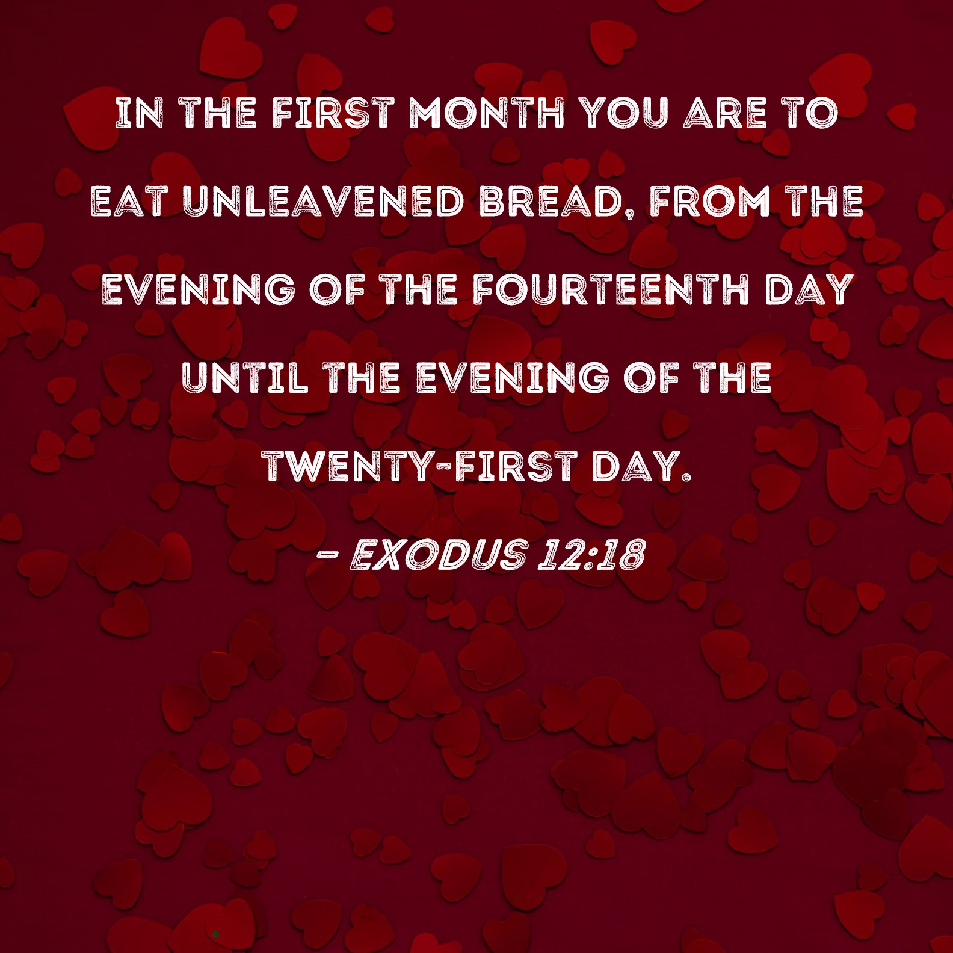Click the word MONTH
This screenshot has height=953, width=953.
pyautogui.click(x=487, y=113)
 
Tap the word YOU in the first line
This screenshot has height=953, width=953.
pyautogui.click(x=626, y=113)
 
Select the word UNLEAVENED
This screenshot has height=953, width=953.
pyautogui.click(x=323, y=201)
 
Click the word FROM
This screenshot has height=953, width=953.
pyautogui.click(x=709, y=201)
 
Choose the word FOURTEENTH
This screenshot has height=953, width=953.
pyautogui.click(x=611, y=289)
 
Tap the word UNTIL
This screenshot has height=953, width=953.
pyautogui.click(x=245, y=378)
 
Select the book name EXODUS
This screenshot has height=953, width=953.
pyautogui.click(x=438, y=554)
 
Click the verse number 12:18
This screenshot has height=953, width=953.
pyautogui.click(x=591, y=554)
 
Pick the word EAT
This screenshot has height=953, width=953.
pyautogui.click(x=128, y=201)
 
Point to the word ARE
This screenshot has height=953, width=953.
pyautogui.click(x=725, y=113)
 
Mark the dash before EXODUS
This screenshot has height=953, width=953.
pyautogui.click(x=326, y=555)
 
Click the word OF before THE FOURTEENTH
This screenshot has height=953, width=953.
pyautogui.click(x=338, y=289)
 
